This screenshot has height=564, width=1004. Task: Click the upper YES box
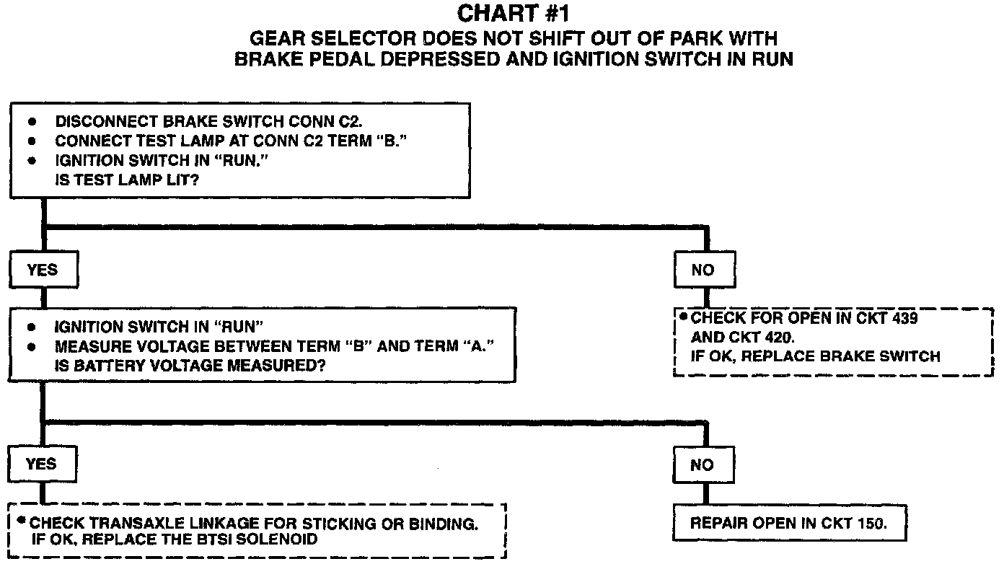point(42,270)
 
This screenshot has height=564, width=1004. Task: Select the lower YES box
point(42,464)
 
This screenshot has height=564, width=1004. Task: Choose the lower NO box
point(702,465)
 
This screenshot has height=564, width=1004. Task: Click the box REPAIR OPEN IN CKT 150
point(788,524)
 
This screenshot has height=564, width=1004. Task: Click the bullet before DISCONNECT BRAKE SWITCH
point(32,123)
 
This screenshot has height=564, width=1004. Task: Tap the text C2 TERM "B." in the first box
point(356,142)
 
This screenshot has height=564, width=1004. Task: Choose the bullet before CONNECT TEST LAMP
point(32,142)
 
